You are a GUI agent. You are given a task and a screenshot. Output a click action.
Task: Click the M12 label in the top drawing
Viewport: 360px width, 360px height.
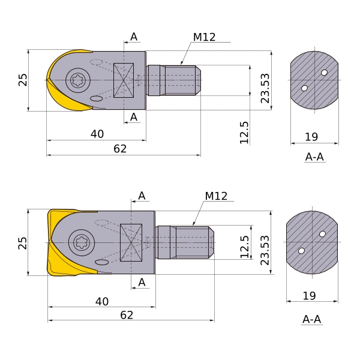[x=204, y=37]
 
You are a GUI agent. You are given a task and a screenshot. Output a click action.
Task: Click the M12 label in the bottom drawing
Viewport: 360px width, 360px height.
[x=216, y=196]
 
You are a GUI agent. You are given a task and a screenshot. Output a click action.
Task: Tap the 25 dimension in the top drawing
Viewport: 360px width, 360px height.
[x=23, y=80]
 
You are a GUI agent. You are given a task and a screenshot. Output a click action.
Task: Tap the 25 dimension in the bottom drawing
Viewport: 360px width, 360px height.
[x=23, y=242]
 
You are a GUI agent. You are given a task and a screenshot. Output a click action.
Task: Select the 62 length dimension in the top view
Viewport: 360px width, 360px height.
[x=120, y=149]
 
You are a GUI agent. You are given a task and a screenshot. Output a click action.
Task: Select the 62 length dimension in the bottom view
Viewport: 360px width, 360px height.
[x=127, y=315]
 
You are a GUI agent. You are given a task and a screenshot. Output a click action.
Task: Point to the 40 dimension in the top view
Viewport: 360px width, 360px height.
[x=97, y=134]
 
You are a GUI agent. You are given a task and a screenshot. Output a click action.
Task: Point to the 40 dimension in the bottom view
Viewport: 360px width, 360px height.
[x=102, y=301]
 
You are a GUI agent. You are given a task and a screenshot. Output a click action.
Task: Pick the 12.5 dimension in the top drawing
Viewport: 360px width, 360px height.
[x=244, y=132]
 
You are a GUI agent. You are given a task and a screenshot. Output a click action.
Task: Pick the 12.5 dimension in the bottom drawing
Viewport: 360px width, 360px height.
[x=244, y=247]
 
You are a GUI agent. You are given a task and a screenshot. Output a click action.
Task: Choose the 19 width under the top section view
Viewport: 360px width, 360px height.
[x=311, y=137]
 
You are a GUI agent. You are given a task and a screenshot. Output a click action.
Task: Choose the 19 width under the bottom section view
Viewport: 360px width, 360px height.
[x=309, y=296]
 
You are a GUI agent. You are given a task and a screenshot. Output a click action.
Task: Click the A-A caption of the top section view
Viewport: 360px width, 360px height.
[x=314, y=157]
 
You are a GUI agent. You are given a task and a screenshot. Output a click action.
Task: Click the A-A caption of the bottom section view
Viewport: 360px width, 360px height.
[x=311, y=319]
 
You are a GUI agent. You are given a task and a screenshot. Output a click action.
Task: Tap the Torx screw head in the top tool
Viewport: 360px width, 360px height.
[x=77, y=80]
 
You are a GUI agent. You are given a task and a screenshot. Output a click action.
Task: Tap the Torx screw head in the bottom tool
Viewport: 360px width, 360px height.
[x=80, y=242]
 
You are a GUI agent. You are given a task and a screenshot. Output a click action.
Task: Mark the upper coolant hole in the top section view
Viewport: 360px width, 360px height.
[x=325, y=73]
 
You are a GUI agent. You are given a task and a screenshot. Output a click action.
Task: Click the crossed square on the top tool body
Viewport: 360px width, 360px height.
[x=124, y=80]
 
